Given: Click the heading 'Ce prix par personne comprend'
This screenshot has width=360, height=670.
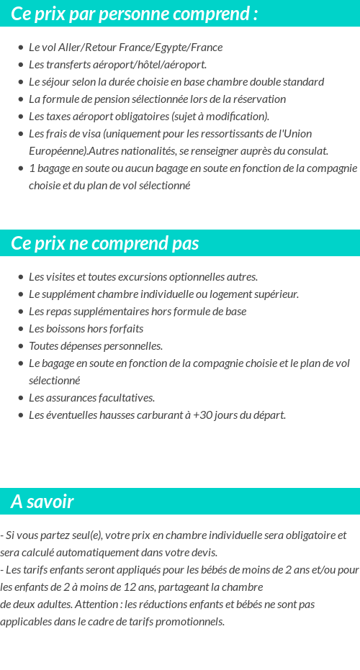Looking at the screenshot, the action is click(135, 14).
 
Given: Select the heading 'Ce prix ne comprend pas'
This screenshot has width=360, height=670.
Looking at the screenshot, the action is click(105, 243).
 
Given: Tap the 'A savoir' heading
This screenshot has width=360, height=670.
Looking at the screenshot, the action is click(42, 502).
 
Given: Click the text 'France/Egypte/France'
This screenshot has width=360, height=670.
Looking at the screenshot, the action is click(174, 47).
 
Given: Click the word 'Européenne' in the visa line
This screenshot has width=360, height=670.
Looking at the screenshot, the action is click(58, 151).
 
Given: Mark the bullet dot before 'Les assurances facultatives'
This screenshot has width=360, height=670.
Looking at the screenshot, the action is click(21, 398).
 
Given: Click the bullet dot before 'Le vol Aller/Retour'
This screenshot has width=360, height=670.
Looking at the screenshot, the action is click(21, 47).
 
